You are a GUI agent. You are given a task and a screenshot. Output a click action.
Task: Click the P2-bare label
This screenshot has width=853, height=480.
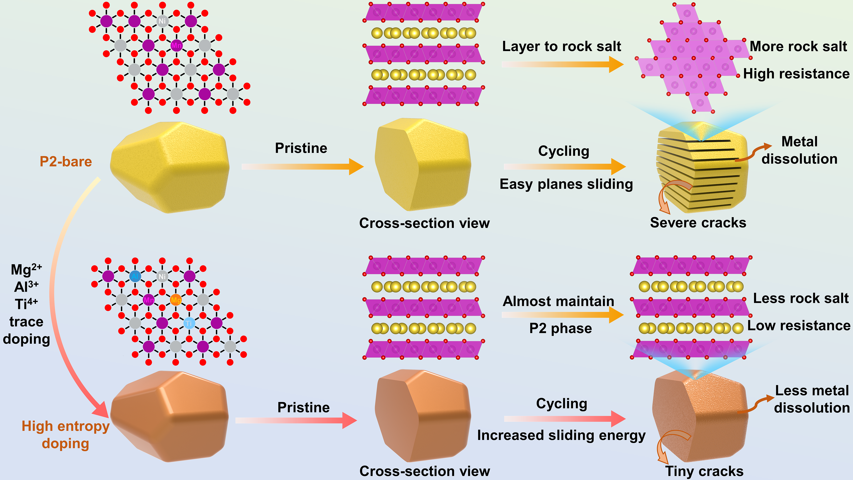[65, 162]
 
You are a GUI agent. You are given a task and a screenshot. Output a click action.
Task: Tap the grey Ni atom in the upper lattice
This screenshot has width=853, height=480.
[162, 21]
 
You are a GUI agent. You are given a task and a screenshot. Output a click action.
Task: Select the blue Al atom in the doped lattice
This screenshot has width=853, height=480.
[135, 276]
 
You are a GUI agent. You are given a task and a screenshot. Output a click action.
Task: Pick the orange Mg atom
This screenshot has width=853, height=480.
[176, 300]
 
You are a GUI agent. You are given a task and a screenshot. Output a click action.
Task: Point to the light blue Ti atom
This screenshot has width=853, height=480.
[189, 323]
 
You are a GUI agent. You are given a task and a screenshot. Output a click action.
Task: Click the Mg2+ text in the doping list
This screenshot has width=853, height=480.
[26, 270]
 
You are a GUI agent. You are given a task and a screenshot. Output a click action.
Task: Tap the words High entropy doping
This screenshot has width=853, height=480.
[65, 435]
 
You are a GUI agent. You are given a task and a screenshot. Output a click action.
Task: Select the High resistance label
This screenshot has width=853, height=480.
[796, 74]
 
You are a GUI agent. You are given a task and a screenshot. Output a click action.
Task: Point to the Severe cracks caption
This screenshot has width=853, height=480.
[698, 223]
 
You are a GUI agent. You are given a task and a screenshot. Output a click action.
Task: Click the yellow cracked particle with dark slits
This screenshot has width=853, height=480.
[702, 169]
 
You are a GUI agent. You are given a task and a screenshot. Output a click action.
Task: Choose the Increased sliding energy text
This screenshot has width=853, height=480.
[561, 435]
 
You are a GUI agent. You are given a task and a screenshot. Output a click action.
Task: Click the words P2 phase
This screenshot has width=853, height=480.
[560, 328]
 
